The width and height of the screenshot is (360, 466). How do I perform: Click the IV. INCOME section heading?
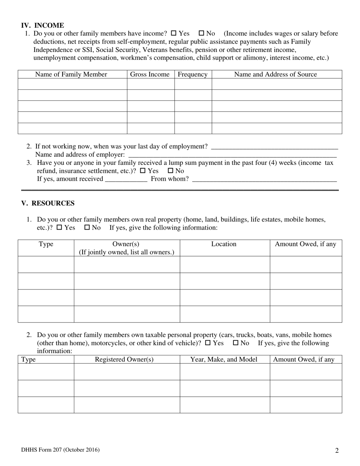42,25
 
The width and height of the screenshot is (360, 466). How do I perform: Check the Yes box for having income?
174,33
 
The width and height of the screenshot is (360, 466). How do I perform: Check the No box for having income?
202,33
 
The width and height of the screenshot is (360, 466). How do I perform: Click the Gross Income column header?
150,74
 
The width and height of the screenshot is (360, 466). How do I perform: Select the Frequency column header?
193,74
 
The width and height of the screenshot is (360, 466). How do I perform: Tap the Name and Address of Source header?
275,74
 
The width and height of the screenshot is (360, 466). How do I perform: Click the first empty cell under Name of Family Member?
72,84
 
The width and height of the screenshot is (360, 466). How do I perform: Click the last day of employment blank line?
274,147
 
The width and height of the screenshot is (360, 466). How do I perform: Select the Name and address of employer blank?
232,155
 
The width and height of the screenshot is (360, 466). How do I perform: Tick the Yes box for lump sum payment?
143,171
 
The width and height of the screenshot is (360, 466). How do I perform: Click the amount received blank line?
126,179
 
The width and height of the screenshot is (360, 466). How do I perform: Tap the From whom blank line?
264,179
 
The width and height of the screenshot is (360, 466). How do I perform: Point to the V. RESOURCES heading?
48,203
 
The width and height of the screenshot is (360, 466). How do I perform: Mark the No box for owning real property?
87,228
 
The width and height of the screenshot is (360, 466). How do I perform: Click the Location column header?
224,244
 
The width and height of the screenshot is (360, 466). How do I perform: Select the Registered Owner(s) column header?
124,359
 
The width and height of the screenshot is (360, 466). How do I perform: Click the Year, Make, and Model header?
224,359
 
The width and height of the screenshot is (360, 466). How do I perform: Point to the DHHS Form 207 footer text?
60,450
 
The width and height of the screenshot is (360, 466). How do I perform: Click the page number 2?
337,450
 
